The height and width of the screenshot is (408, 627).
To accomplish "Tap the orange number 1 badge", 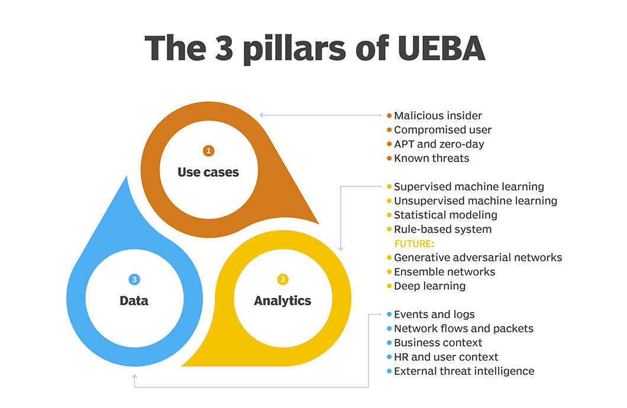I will pos(208,151).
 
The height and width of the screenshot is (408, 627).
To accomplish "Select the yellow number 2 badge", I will pos(283,279).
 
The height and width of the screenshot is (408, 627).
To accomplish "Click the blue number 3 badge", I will pos(134,279).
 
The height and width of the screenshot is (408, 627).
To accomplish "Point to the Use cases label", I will pos(208,172).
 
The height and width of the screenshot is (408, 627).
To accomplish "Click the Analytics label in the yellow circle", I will pos(283,300).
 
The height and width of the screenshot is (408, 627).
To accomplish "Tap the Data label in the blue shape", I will pos(134,300).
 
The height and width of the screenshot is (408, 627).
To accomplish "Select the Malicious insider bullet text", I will pos(438,116).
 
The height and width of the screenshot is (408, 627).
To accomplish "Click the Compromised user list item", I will pos(442,130).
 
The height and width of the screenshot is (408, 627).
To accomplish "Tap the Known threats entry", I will pos(431,158).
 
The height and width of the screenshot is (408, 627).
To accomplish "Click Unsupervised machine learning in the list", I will pos(476,201).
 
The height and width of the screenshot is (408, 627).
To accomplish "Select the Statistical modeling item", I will pos(445,215).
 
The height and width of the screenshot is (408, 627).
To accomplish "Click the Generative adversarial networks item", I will pos(478,258).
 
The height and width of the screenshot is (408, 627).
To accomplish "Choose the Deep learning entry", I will pos(429,286).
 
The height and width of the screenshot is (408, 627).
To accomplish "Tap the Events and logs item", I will pos(434,315).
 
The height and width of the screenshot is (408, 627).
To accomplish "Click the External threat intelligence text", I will pos(464,371).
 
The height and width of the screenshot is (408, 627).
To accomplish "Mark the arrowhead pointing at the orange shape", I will pos(261,115).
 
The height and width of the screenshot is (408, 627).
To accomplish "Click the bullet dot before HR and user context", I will pos(389,357).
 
